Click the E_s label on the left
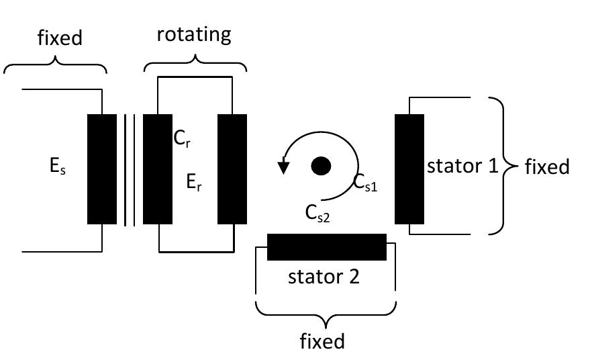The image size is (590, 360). [57, 167]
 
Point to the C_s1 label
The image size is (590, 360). [366, 183]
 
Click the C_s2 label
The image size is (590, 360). [317, 214]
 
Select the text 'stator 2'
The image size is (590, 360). [324, 276]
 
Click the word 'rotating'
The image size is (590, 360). [194, 35]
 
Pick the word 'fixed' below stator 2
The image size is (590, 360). [322, 341]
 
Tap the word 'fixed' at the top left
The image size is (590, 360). [59, 38]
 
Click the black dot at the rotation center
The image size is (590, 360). [322, 166]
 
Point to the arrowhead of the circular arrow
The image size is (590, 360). [285, 167]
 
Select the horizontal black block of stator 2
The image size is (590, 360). [327, 246]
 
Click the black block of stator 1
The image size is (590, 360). [409, 169]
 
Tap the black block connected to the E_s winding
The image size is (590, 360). [102, 169]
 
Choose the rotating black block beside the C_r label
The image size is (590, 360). [158, 169]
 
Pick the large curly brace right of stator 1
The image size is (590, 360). [503, 165]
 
